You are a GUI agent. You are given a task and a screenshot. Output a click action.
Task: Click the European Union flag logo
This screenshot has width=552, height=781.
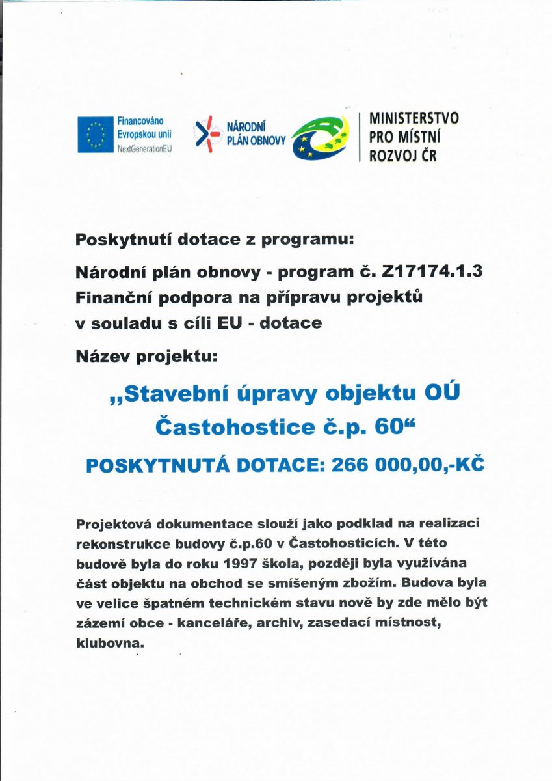(x=96, y=135)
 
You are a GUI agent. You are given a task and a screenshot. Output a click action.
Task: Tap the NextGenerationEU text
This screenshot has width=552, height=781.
(x=144, y=148)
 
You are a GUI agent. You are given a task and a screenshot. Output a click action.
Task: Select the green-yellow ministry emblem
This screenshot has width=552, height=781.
(x=321, y=137)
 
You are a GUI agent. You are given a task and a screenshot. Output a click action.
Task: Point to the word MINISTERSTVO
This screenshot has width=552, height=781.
(x=414, y=118)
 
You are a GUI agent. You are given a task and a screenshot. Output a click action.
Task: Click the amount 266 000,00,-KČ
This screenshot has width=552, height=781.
(x=408, y=465)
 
